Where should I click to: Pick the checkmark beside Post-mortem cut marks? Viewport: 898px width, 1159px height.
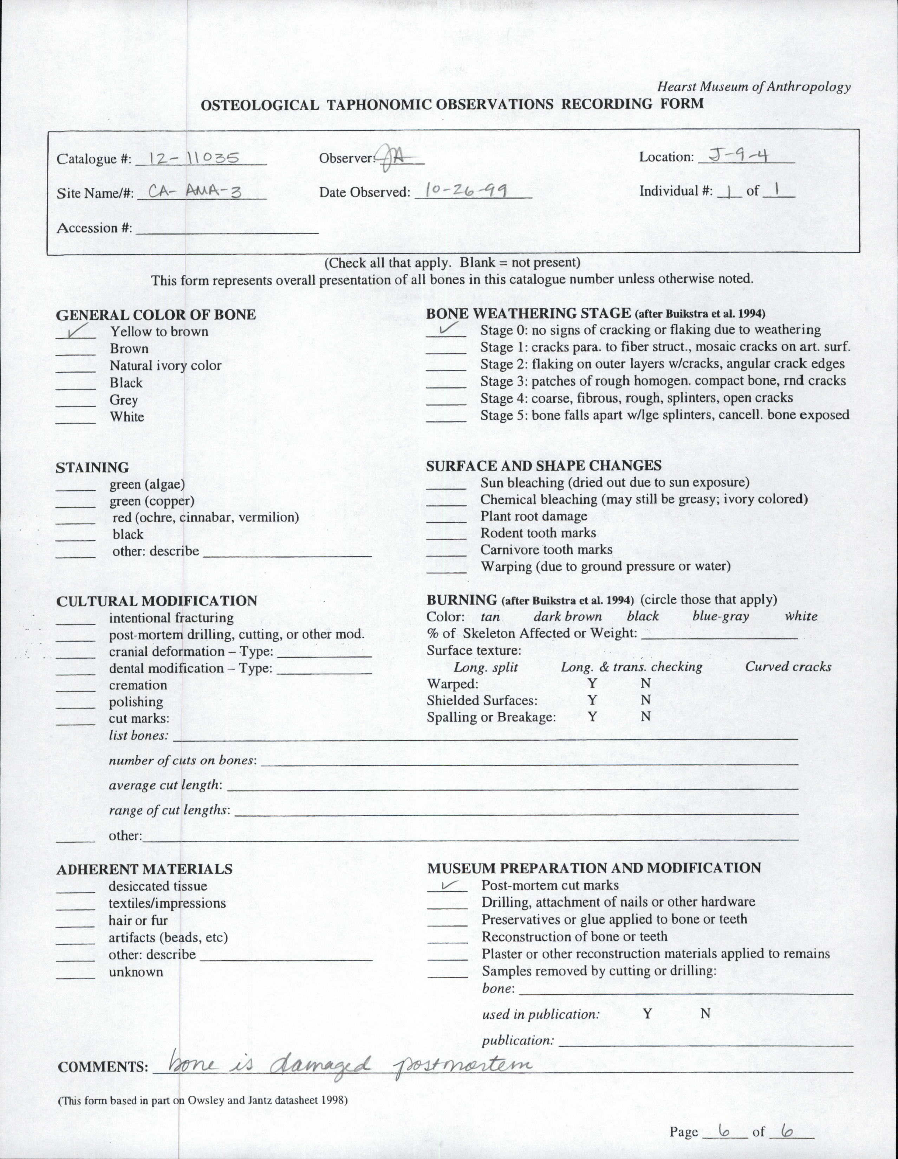448,885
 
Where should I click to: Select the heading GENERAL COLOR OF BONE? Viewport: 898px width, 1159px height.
156,315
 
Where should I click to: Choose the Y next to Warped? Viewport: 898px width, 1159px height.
592,683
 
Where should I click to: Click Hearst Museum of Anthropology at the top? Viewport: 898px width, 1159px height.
754,87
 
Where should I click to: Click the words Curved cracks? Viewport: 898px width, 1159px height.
788,667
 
